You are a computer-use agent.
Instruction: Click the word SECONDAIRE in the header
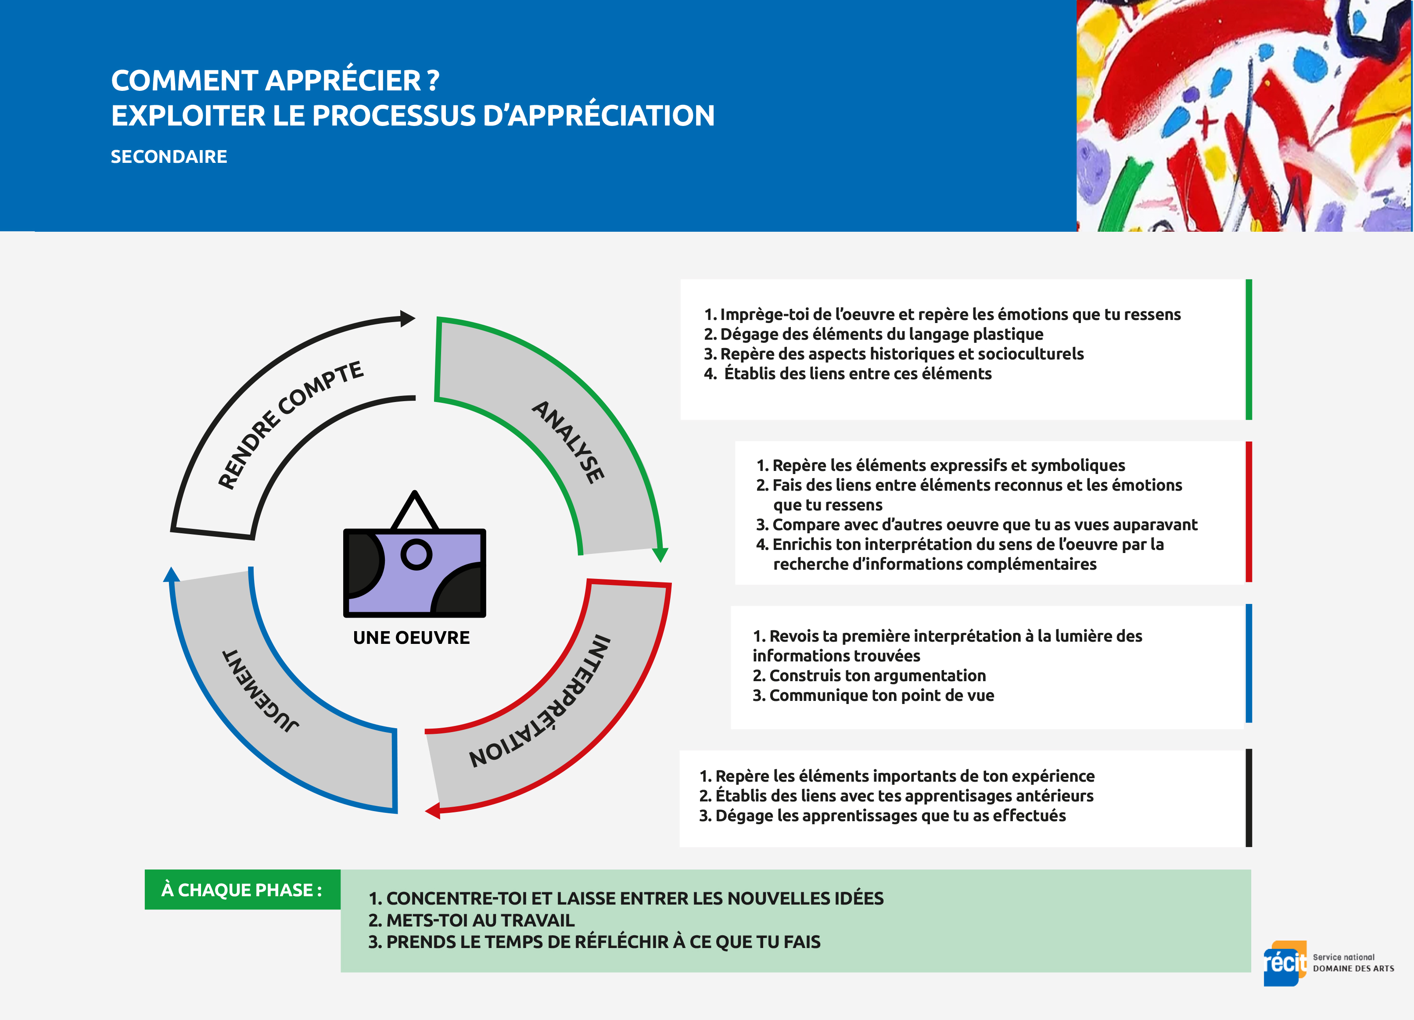(169, 157)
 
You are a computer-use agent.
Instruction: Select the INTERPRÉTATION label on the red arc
(541, 701)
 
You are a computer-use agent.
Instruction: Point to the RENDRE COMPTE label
(290, 424)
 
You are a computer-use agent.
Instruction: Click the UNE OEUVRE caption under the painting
(412, 638)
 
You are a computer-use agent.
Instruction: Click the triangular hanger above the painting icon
(415, 510)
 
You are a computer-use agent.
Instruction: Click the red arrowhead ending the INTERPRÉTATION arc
(433, 811)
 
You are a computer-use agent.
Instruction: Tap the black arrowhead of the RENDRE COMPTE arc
(408, 319)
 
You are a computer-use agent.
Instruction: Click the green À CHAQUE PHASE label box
(243, 890)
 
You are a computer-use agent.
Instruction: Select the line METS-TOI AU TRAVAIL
(471, 920)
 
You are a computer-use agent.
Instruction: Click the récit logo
(1285, 963)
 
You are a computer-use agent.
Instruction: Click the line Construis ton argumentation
(869, 676)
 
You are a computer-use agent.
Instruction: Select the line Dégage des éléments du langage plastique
(873, 334)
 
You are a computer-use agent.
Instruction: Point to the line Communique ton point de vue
(873, 696)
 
